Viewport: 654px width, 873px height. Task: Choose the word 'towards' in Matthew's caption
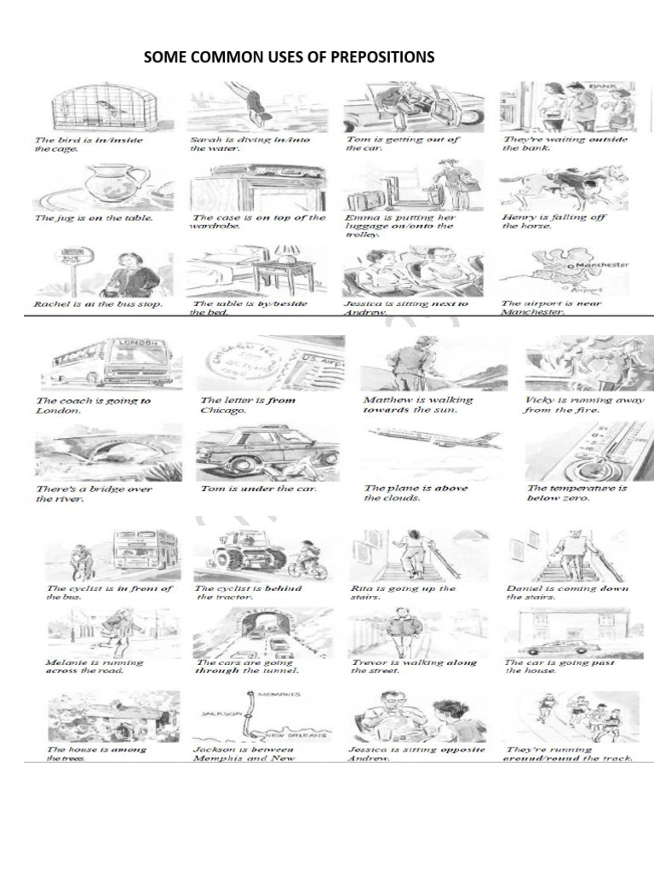387,410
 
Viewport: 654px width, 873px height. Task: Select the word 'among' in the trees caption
129,749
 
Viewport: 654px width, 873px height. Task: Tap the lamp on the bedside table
287,252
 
